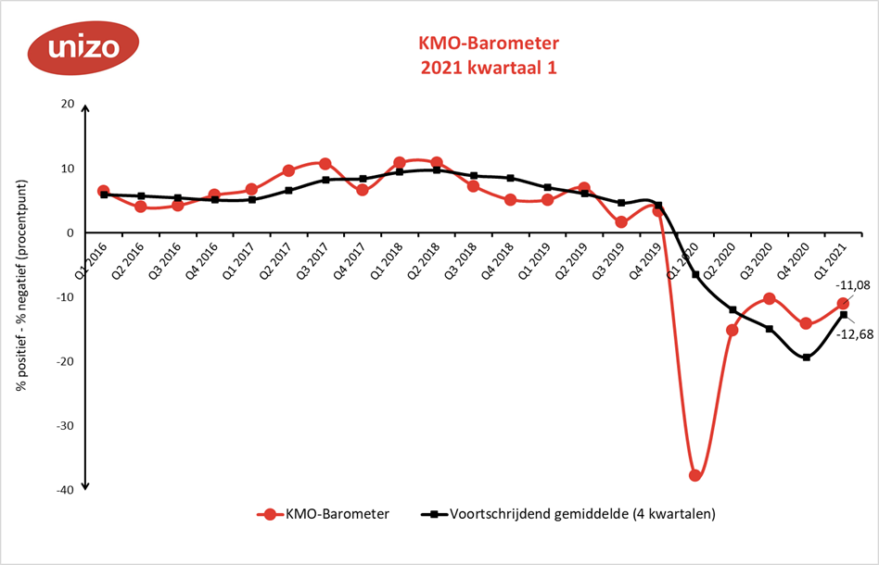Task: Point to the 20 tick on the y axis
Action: tap(66, 104)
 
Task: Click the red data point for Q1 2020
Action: tap(694, 475)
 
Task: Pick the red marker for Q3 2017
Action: tap(325, 164)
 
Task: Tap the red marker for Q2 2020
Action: tap(732, 330)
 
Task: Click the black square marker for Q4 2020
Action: tap(806, 358)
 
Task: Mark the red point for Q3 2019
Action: tap(621, 222)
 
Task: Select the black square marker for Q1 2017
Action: tap(251, 199)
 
